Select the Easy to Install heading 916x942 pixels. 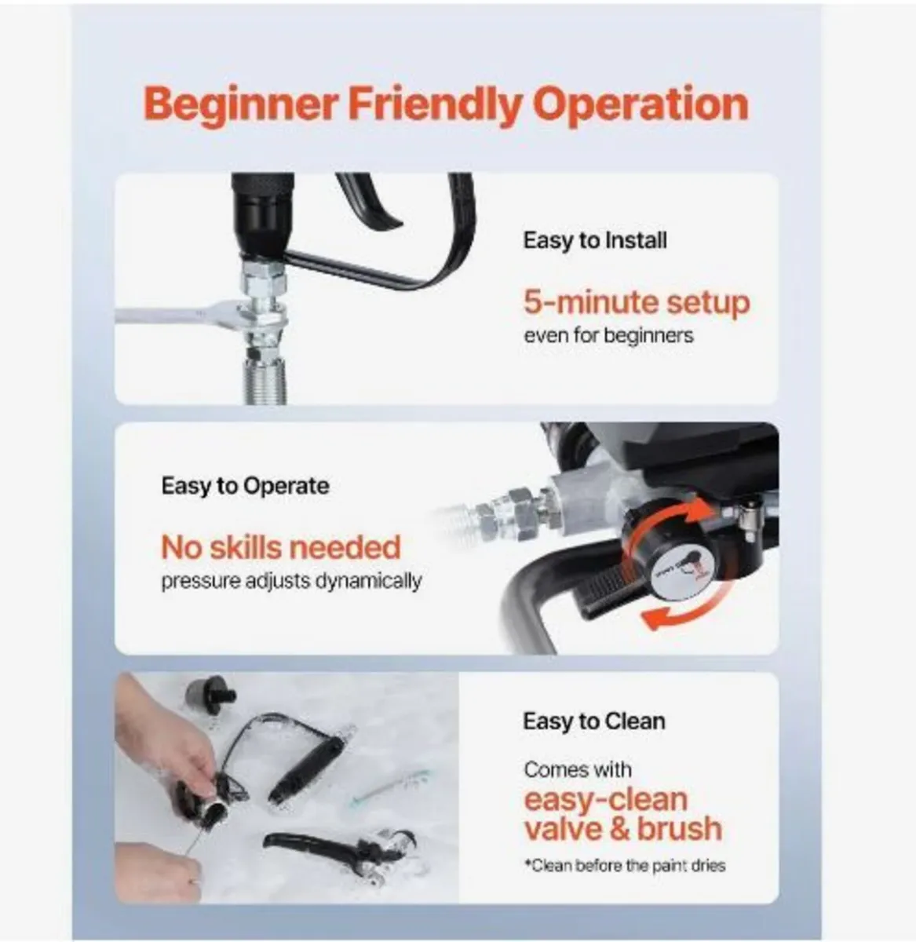pos(595,239)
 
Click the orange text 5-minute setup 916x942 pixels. pos(637,302)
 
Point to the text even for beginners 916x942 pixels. pos(608,335)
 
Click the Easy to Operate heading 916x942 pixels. pos(245,486)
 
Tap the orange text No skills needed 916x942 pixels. pos(280,547)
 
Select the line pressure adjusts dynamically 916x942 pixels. pos(291,582)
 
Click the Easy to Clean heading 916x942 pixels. pos(593,721)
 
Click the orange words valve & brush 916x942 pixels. pos(622,829)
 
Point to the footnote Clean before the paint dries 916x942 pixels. pos(625,866)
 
